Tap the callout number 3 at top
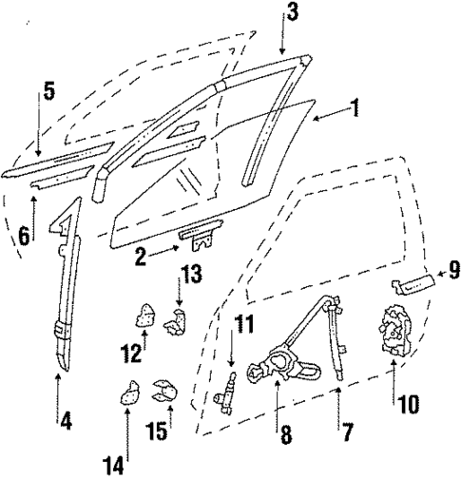291,12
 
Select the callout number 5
48,93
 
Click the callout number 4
65,415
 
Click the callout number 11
245,325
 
